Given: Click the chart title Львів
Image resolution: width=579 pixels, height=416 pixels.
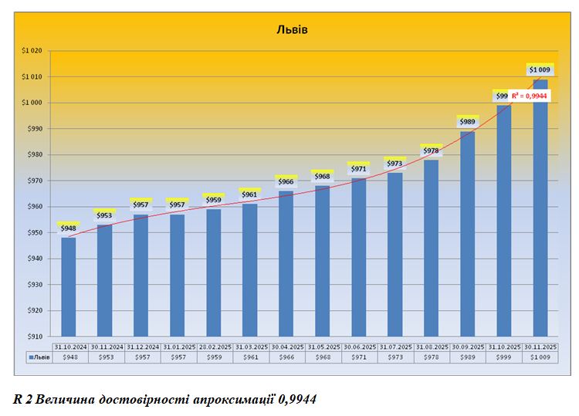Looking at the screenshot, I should pos(292,30).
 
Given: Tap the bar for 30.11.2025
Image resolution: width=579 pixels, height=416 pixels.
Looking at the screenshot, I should pos(540,208).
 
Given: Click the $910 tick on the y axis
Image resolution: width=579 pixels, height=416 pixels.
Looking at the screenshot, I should pos(36,337).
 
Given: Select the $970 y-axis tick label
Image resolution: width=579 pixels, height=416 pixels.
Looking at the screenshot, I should pos(36,181).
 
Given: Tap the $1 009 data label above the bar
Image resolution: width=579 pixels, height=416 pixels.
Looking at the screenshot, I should pos(540,70).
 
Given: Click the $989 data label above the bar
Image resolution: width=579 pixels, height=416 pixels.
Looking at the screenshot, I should pos(467,122).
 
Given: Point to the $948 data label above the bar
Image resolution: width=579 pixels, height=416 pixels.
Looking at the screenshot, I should pos(69,228).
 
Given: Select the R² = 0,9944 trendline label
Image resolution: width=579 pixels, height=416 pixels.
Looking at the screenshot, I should pos(530,96).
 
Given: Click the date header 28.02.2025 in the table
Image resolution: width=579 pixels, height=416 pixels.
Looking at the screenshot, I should pos(214,348).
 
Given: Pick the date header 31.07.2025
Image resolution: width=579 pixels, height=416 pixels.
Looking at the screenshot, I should pos(394,348).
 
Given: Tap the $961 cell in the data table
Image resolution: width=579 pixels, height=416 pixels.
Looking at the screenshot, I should pos(250,358).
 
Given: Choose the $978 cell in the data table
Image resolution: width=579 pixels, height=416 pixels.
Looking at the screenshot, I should pos(431,358).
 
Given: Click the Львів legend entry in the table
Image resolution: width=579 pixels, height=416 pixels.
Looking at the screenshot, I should pos(39,358).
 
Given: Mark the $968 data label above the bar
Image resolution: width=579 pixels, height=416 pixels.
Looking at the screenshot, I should pos(322,177).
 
